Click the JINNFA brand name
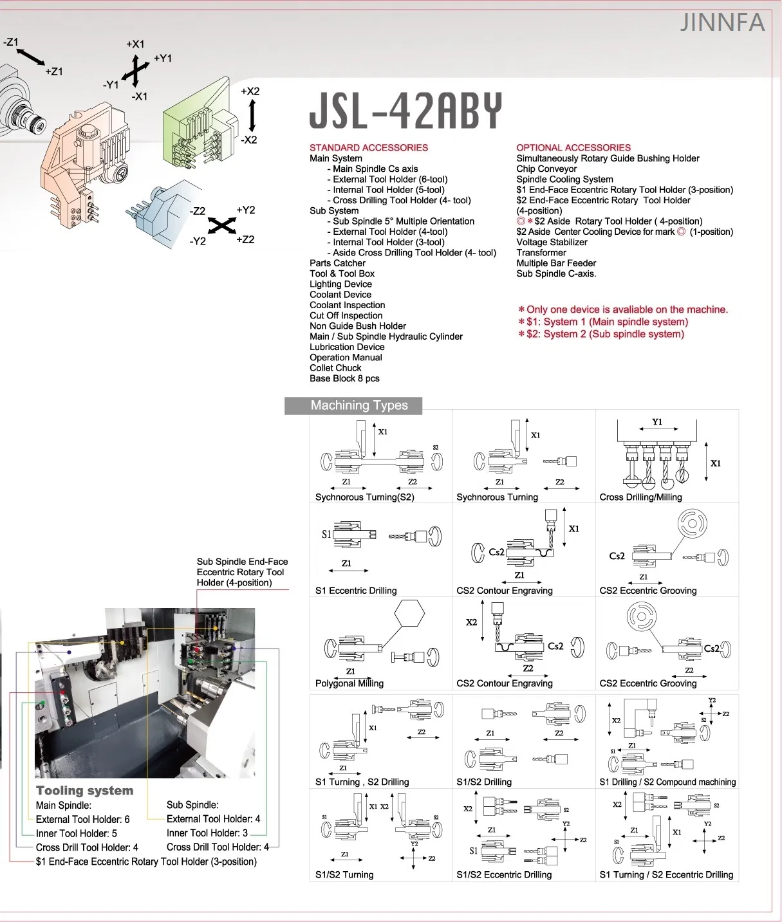(x=722, y=23)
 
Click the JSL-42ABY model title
(x=405, y=111)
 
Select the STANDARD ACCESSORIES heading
(x=368, y=147)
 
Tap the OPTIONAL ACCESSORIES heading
(x=573, y=147)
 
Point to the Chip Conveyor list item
(x=546, y=169)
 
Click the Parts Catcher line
(x=337, y=263)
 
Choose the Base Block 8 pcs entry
(x=344, y=378)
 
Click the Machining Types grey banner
(x=358, y=405)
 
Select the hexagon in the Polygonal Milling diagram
(x=409, y=613)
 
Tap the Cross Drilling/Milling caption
(x=640, y=497)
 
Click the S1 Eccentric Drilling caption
(x=355, y=590)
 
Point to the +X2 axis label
(x=250, y=91)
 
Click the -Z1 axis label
(x=11, y=42)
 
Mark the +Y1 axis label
(x=163, y=58)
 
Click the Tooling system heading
(x=84, y=790)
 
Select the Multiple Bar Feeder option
(x=555, y=263)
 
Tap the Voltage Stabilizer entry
(x=552, y=242)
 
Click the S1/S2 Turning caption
(x=344, y=874)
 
